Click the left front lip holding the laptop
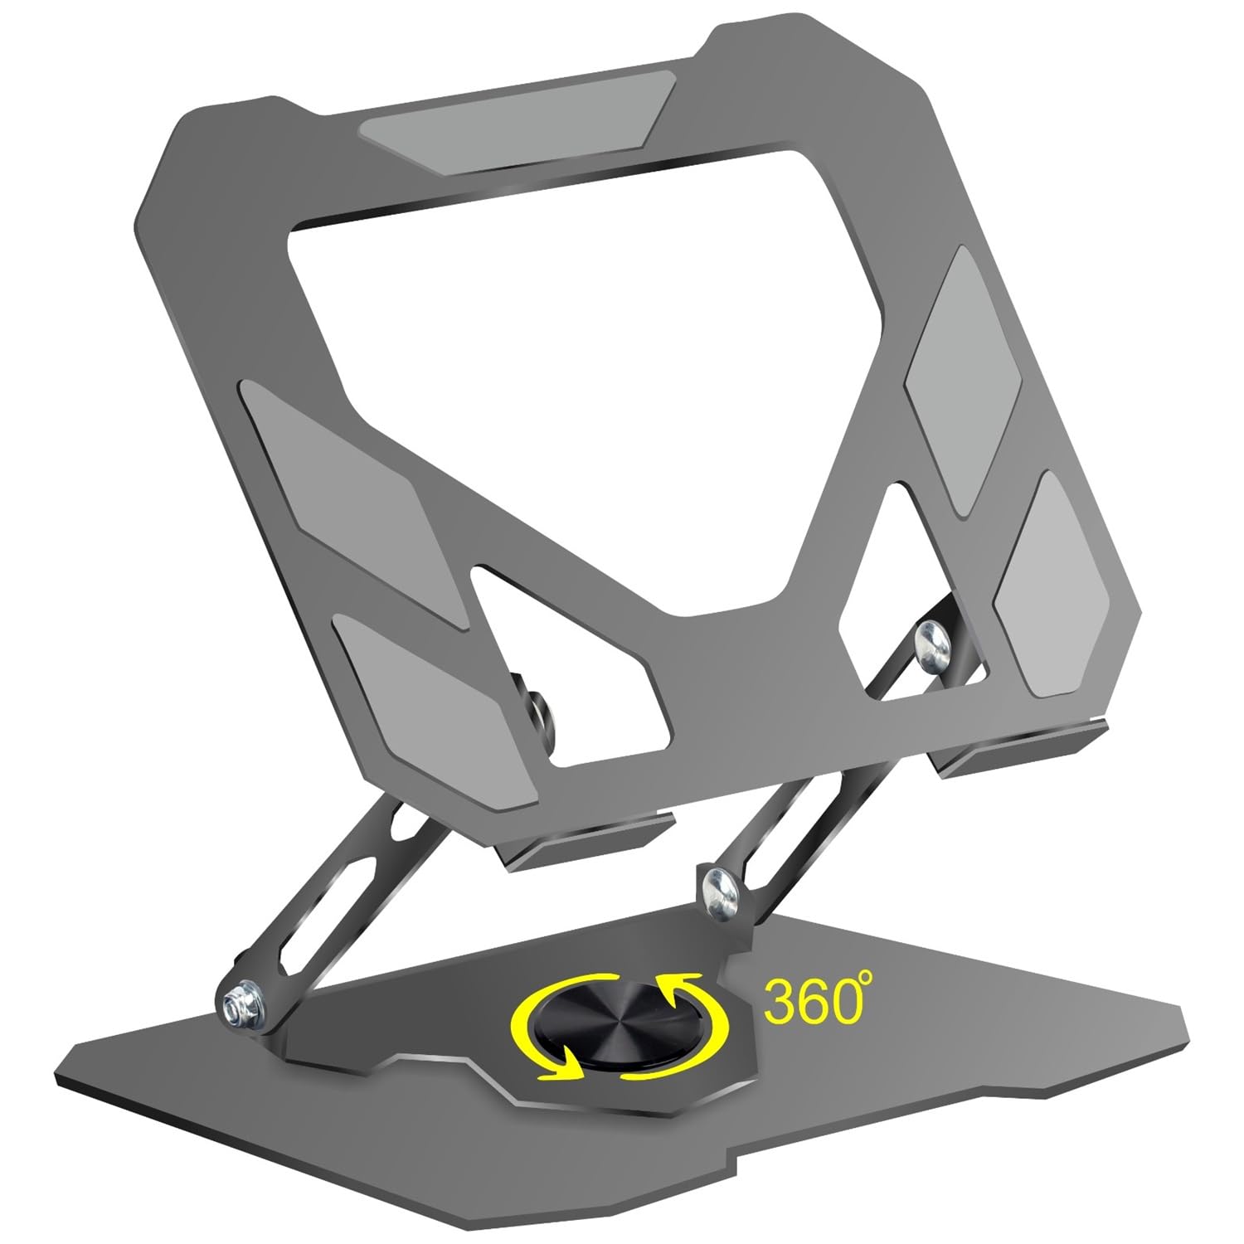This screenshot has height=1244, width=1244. (x=589, y=846)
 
